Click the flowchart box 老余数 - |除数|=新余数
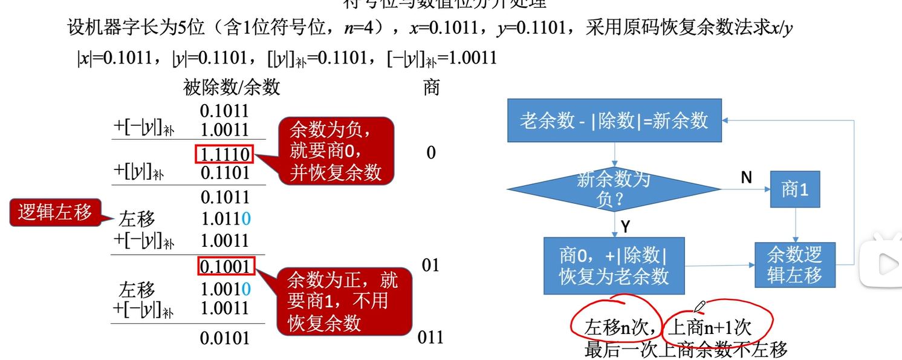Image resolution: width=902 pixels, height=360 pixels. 614,120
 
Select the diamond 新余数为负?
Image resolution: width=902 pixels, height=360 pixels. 614,189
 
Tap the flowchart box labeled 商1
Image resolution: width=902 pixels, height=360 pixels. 794,189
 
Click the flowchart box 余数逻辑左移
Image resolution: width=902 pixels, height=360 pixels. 794,264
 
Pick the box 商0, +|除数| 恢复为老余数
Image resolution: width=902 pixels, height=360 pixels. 614,266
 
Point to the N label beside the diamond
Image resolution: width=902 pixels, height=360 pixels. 747,177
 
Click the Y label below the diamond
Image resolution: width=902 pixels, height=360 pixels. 626,226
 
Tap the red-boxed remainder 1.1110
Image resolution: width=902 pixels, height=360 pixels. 225,154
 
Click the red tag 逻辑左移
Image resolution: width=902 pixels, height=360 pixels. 55,212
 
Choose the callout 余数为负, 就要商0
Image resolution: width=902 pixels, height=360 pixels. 336,151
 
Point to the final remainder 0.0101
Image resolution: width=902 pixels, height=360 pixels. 225,338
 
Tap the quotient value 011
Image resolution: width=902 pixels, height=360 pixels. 430,337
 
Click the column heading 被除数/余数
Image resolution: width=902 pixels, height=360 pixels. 232,87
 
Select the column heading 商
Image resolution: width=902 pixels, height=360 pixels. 431,87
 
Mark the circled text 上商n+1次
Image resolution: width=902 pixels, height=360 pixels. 710,327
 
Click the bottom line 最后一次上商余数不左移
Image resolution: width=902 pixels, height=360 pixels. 686,349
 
